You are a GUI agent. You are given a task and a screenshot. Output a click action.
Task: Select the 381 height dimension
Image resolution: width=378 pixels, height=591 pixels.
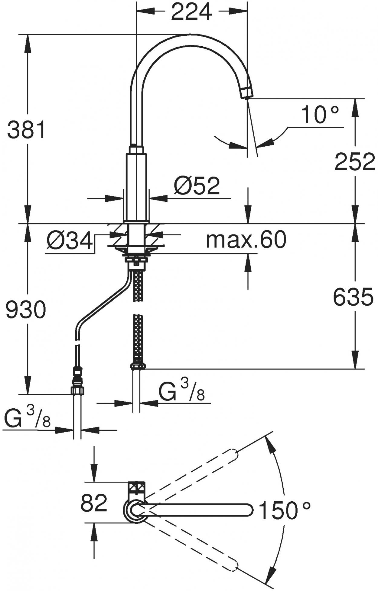click(27, 130)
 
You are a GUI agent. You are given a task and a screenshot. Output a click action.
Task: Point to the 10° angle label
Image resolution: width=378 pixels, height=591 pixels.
click(319, 115)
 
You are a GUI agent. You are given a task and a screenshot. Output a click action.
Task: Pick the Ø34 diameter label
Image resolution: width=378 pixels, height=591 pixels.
click(70, 241)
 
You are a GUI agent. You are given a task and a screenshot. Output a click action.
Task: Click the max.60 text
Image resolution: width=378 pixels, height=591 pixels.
click(246, 239)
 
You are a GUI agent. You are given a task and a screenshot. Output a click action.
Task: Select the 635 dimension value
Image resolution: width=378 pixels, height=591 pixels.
click(353, 297)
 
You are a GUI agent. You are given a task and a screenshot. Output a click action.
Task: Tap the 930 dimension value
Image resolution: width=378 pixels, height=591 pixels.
click(26, 310)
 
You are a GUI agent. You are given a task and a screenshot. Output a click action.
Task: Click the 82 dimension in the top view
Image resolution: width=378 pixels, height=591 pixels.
click(94, 503)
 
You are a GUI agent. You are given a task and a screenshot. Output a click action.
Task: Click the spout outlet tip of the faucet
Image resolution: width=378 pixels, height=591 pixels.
click(247, 92)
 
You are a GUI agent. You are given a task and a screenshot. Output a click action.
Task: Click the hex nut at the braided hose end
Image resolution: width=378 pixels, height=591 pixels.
click(138, 366)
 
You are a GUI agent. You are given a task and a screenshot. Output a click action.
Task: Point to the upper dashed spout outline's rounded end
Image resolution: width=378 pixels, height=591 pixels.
click(233, 455)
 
